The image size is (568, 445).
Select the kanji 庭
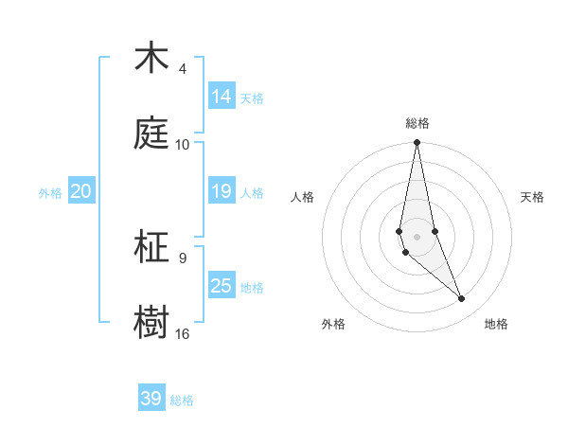(152, 133)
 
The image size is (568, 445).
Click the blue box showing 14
(222, 96)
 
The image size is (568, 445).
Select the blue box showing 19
(222, 191)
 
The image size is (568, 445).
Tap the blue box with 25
(222, 285)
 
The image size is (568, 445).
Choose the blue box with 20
(81, 191)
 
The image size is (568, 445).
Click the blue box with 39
(151, 399)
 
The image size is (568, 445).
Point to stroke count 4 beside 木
(183, 69)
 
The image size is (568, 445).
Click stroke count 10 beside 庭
(183, 145)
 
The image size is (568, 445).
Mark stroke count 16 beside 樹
(183, 334)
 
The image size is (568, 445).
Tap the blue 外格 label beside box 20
(50, 192)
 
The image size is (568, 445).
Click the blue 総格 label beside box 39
(182, 400)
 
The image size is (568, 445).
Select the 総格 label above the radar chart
(417, 123)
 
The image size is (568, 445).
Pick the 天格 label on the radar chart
(532, 197)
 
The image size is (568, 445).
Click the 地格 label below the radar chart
(496, 324)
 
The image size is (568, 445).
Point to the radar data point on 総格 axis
(417, 143)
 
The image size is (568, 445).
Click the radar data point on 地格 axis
(462, 299)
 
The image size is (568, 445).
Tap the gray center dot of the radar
(417, 237)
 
